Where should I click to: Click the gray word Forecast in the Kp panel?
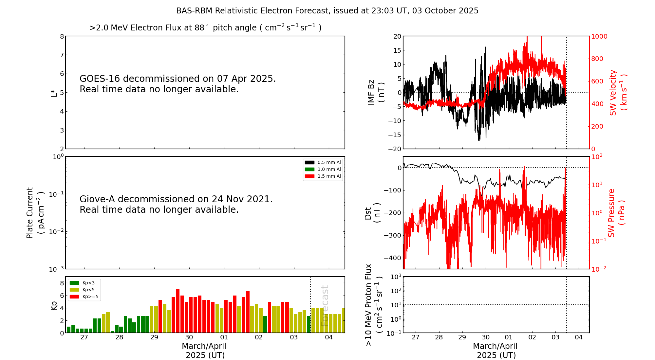pyautogui.click(x=324, y=306)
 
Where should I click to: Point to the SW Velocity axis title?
pyautogui.click(x=618, y=92)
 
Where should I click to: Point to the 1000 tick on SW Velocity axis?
pyautogui.click(x=599, y=36)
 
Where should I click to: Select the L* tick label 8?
pyautogui.click(x=62, y=36)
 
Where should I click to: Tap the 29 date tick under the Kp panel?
pyautogui.click(x=154, y=337)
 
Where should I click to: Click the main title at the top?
pyautogui.click(x=327, y=11)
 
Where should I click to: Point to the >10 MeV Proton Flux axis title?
pyautogui.click(x=374, y=305)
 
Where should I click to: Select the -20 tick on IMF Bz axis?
pyautogui.click(x=395, y=149)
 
